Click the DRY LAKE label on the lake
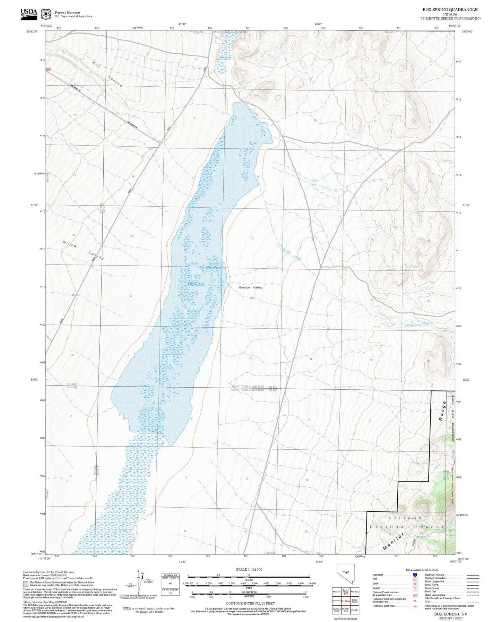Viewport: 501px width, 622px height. point(196,284)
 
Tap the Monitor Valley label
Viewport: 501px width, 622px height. point(250,287)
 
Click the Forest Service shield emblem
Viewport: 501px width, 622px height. point(46,14)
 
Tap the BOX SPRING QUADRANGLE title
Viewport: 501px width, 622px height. point(450,10)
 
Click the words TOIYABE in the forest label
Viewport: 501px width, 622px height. point(405,518)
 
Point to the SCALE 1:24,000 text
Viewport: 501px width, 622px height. point(249,569)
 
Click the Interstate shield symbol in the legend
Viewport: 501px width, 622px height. point(415,575)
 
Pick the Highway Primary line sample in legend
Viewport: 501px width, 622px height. point(473,575)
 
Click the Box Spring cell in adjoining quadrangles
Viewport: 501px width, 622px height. point(345,601)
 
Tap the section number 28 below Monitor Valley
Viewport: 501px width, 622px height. point(251,298)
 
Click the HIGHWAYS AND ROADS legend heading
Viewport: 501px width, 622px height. point(422,570)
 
